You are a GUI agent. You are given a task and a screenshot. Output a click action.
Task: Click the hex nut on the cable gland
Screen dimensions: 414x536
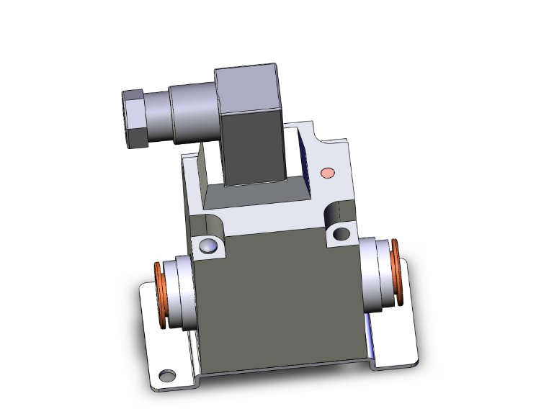[135, 118]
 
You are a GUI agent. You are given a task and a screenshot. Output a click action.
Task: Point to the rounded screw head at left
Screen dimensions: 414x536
[208, 246]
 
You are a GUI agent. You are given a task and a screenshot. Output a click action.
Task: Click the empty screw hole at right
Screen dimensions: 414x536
[341, 234]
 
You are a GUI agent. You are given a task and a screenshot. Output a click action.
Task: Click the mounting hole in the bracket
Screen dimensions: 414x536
[167, 374]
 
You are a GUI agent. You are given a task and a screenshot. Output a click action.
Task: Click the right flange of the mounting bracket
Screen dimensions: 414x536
[396, 338]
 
